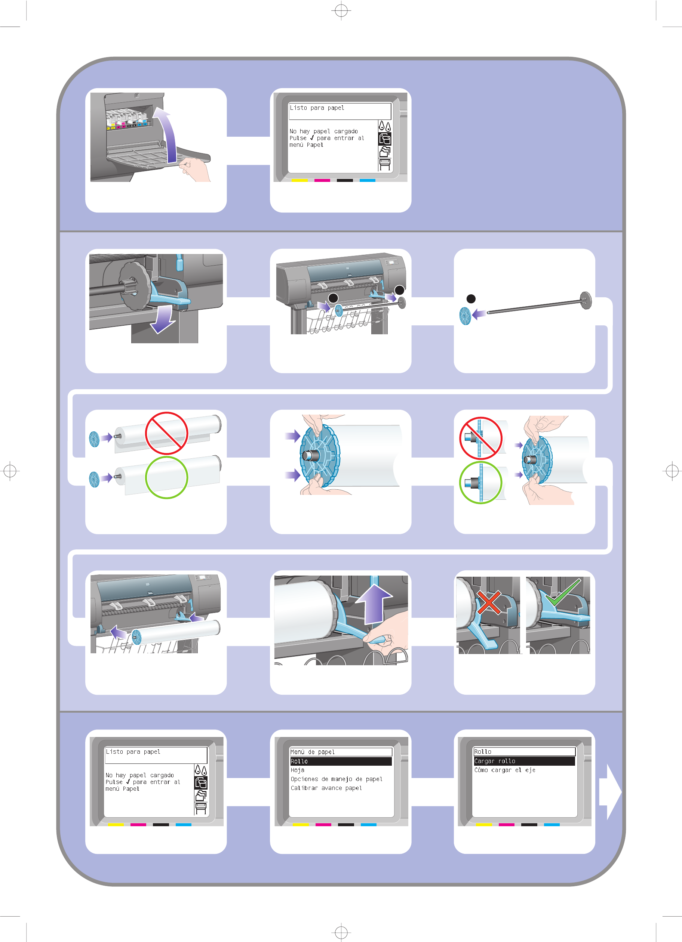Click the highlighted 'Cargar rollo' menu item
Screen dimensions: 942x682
tap(495, 761)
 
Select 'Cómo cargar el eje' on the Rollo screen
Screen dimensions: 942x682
tap(505, 770)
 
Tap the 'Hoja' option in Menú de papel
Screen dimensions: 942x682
tap(297, 770)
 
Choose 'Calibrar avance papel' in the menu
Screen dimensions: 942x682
tap(326, 788)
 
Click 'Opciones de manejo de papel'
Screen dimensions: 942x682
tap(336, 779)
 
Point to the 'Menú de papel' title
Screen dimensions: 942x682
tap(312, 752)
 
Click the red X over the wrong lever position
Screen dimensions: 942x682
tap(489, 603)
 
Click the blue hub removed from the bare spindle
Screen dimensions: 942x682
tap(465, 316)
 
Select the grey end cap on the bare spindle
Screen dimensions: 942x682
tap(586, 300)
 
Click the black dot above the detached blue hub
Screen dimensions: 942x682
tap(471, 299)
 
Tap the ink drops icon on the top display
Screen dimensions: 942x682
tap(385, 126)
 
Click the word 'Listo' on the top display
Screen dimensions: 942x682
tap(298, 108)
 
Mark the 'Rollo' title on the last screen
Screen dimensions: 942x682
tap(482, 752)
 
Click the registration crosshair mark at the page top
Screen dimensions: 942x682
tap(341, 10)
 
